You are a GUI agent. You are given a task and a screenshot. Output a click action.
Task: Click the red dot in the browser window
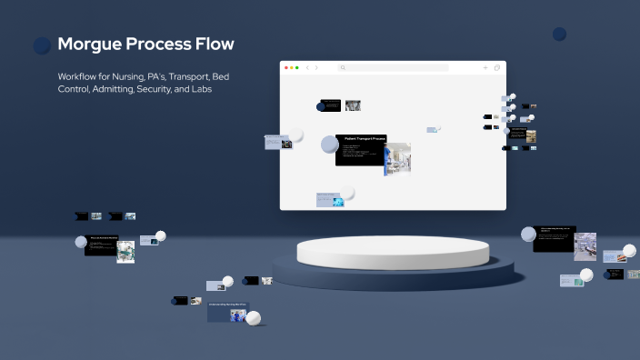click(287, 68)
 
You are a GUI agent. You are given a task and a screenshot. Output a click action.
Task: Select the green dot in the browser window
click(298, 68)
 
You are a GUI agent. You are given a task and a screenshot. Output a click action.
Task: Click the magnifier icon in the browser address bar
click(343, 68)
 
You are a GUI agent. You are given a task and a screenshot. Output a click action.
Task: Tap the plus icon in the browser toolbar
click(485, 68)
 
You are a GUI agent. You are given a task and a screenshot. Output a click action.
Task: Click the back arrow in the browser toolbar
click(307, 68)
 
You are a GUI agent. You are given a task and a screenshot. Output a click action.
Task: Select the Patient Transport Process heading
click(364, 138)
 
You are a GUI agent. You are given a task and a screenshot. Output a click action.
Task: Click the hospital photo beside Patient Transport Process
click(397, 155)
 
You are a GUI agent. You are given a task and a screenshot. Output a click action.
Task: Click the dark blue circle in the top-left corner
click(42, 45)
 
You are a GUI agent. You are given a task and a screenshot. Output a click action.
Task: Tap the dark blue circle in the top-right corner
click(559, 34)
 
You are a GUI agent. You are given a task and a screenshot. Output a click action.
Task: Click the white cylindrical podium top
click(392, 250)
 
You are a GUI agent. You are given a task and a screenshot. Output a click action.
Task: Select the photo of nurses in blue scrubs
click(239, 315)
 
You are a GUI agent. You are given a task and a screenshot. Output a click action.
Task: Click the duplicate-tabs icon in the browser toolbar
click(497, 68)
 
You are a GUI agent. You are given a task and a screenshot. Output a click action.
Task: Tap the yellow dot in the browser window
click(293, 68)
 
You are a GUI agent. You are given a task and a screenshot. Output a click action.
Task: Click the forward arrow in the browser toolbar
click(316, 68)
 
